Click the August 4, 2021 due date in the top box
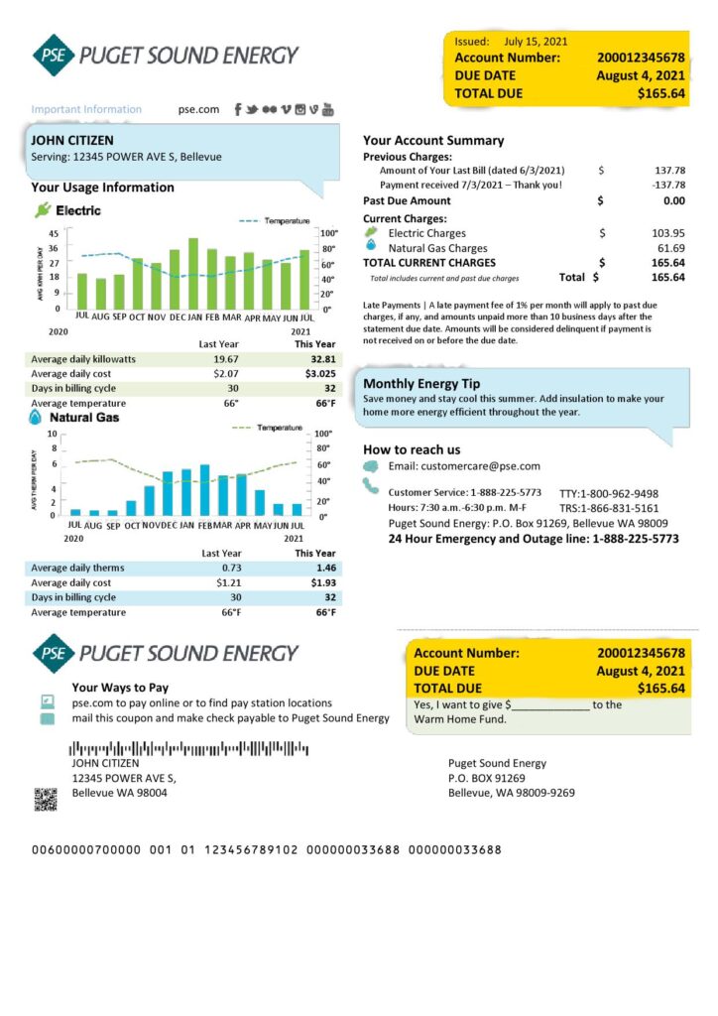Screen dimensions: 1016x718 640,75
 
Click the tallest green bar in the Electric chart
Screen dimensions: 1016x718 193,273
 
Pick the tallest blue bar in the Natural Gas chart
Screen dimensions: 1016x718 205,490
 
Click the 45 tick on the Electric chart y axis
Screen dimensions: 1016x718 53,233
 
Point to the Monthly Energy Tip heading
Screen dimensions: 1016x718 421,384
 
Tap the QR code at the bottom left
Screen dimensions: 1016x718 45,799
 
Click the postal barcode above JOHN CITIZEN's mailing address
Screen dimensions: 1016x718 188,748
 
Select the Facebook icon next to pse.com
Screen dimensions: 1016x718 239,109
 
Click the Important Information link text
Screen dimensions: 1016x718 86,109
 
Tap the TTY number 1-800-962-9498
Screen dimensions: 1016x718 608,493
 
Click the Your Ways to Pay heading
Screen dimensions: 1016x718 120,687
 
